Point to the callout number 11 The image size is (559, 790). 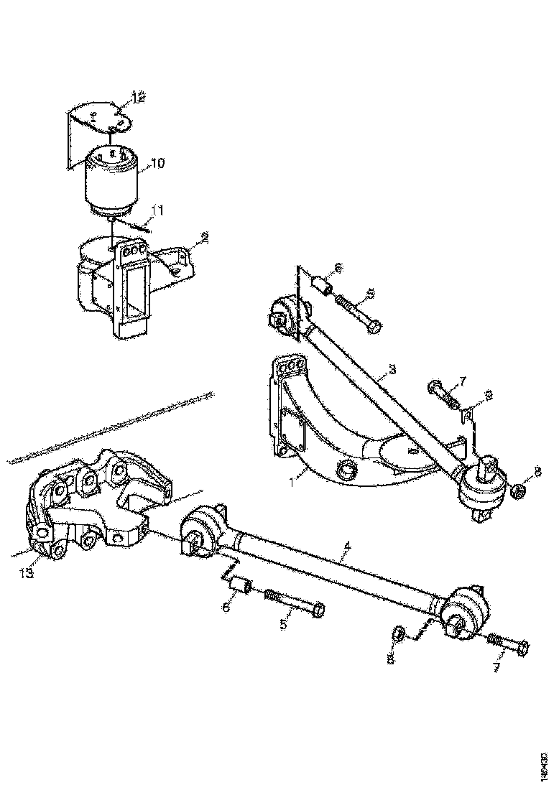(x=158, y=210)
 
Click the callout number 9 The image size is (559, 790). (x=488, y=394)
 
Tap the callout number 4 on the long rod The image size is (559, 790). (x=347, y=548)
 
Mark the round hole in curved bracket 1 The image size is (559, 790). (x=348, y=470)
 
